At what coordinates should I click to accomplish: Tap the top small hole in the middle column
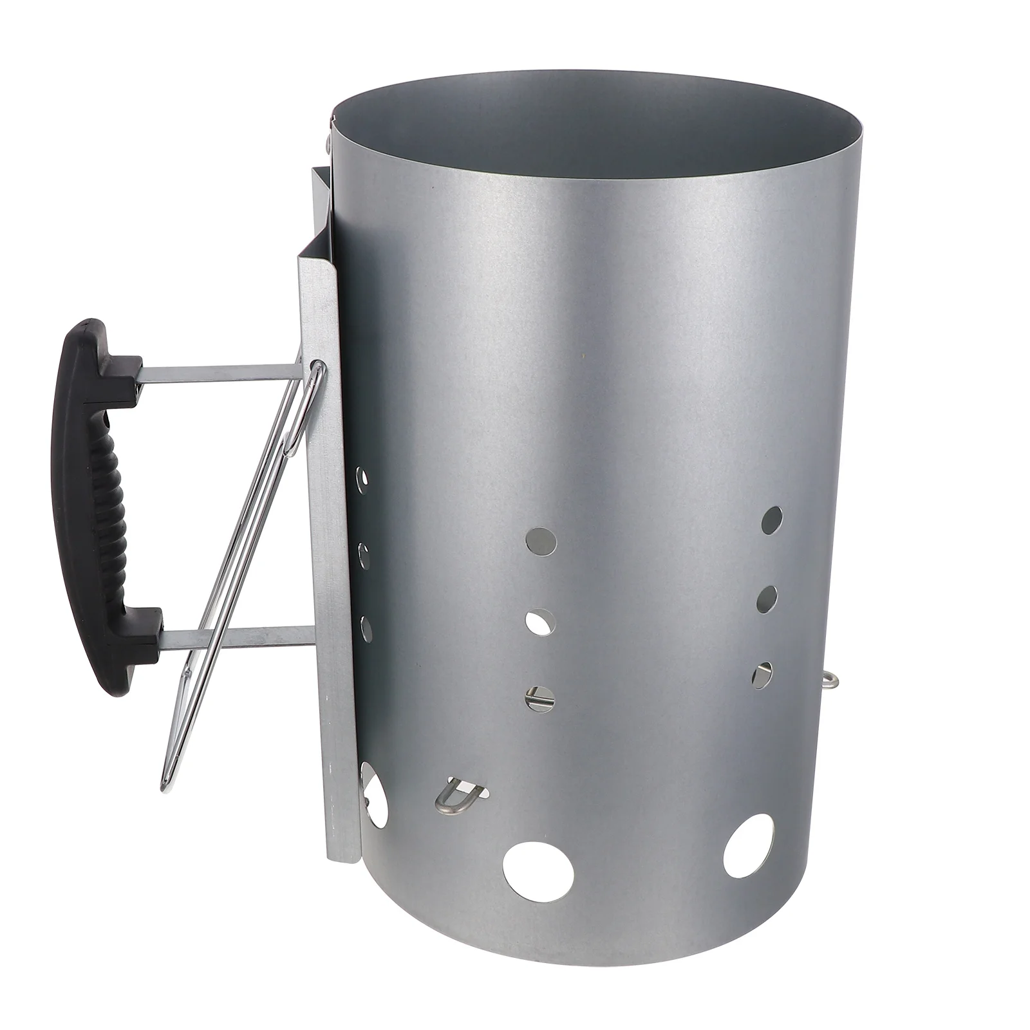(x=541, y=541)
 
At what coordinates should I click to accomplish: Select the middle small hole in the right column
(x=767, y=598)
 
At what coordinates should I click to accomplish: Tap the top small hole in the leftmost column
(x=363, y=479)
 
